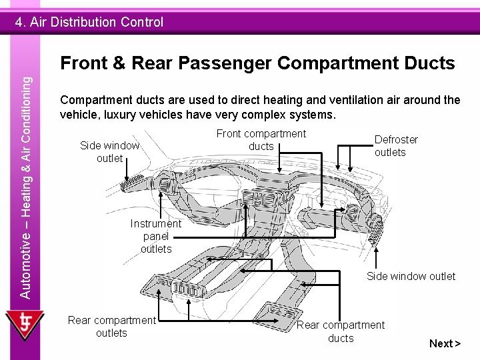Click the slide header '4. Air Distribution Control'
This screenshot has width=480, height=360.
pyautogui.click(x=89, y=22)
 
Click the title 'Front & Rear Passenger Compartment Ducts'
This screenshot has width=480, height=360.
pyautogui.click(x=257, y=63)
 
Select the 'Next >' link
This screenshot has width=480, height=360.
pyautogui.click(x=445, y=343)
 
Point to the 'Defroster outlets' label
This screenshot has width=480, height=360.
pyautogui.click(x=396, y=146)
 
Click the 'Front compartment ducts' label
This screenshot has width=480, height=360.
pyautogui.click(x=261, y=140)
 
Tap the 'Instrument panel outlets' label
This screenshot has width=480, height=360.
pyautogui.click(x=156, y=236)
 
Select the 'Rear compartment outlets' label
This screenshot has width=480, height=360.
pyautogui.click(x=111, y=326)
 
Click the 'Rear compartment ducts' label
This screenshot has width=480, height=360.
pyautogui.click(x=341, y=331)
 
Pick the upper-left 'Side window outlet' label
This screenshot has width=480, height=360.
pyautogui.click(x=109, y=151)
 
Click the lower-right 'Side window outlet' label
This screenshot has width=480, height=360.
pyautogui.click(x=411, y=276)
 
